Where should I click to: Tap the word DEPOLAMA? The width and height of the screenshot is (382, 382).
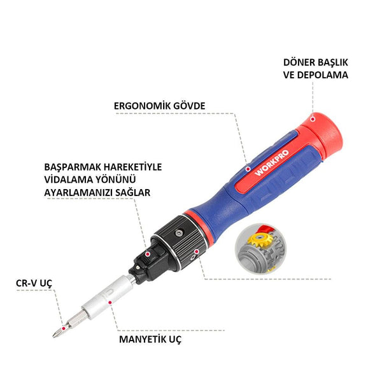coord(325,74)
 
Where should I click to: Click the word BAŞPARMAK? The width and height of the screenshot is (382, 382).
coord(67,167)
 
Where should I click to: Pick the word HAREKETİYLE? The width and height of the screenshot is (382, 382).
coord(131,167)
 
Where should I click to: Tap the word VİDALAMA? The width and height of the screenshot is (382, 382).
coord(63,179)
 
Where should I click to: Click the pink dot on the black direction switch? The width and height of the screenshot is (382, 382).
coord(148,253)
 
